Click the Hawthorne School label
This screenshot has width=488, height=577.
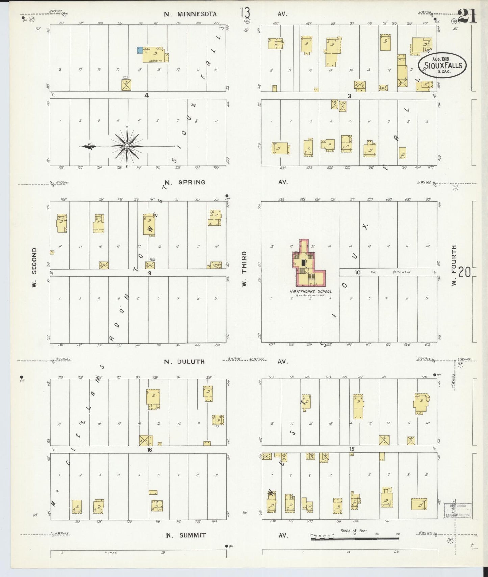click(310, 291)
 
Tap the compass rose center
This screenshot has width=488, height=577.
click(127, 146)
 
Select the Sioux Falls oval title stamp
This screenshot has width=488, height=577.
click(442, 65)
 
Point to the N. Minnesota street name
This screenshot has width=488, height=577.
click(190, 14)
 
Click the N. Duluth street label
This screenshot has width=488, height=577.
click(184, 361)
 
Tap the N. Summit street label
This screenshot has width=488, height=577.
click(186, 535)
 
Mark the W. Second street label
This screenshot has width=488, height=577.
click(34, 268)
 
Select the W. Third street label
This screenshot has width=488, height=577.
click(244, 269)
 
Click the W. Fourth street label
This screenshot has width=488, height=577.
click(454, 265)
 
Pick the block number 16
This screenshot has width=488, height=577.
click(149, 450)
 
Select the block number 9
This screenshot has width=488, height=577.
click(149, 273)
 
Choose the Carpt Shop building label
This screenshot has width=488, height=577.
click(216, 265)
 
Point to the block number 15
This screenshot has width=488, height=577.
click(352, 449)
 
